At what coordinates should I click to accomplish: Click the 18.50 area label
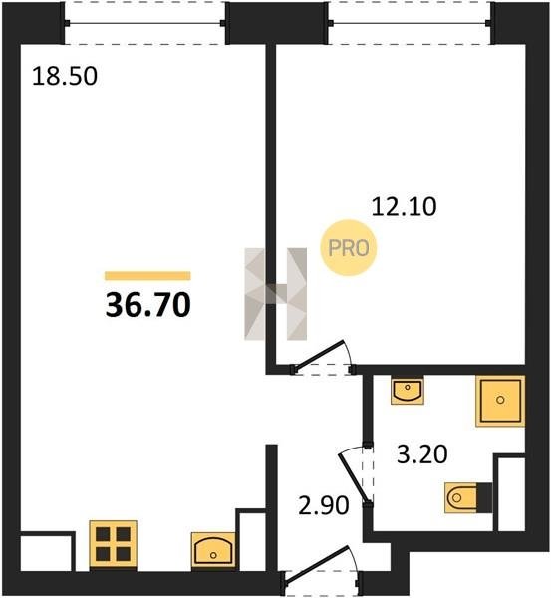tap(65, 76)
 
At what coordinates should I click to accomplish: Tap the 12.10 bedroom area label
tap(404, 207)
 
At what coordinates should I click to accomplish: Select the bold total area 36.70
tap(147, 306)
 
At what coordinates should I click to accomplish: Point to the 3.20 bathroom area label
tap(422, 454)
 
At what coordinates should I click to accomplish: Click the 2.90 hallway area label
tap(324, 505)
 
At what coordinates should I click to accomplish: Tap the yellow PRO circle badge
tap(349, 248)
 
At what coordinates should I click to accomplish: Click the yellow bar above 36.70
tap(147, 276)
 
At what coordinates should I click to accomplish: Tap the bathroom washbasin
tap(408, 390)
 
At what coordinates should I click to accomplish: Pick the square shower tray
tap(500, 401)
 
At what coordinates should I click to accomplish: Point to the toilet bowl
tap(461, 497)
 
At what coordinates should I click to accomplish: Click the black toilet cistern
tap(484, 497)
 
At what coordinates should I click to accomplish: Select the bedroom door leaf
tap(319, 355)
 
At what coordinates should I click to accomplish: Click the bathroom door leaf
tap(355, 478)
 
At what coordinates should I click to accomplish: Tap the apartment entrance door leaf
tap(316, 565)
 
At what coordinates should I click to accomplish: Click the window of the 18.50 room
tap(144, 23)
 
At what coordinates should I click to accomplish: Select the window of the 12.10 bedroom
tap(410, 23)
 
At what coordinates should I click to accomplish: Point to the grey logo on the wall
tap(276, 294)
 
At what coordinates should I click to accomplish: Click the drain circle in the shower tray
tap(500, 400)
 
